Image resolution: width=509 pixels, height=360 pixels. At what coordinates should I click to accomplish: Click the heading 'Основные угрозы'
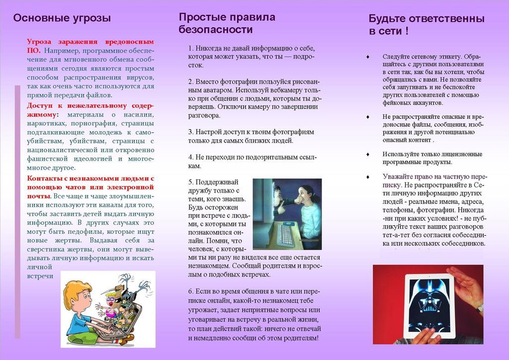(62, 19)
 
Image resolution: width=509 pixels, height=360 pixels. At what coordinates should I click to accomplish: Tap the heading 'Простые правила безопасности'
(227, 23)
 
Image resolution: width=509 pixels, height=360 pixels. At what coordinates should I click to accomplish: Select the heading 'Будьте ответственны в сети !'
(426, 25)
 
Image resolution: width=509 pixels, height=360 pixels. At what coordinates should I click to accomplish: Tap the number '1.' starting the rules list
(191, 49)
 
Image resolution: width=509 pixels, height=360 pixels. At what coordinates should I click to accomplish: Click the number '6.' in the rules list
(191, 291)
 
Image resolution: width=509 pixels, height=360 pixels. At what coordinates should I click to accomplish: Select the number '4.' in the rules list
(191, 157)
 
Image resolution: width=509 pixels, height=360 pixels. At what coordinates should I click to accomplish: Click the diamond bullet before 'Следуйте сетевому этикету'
(367, 57)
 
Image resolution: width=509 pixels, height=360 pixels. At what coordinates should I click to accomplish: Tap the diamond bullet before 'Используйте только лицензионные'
(367, 154)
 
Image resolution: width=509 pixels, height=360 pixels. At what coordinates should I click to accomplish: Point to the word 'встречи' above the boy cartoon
(40, 276)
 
